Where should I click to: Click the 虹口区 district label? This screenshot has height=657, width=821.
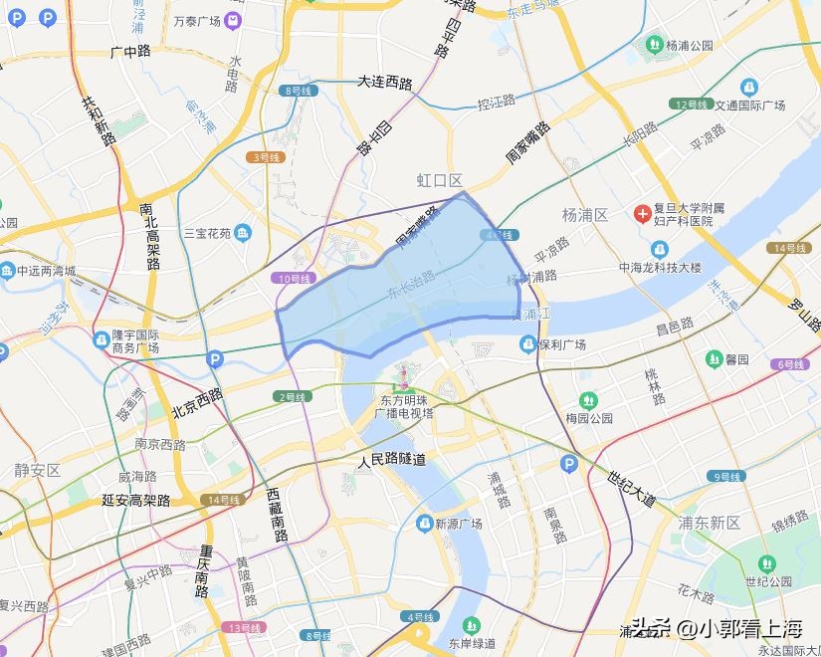(x=440, y=180)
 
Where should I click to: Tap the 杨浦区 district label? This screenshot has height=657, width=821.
(x=585, y=215)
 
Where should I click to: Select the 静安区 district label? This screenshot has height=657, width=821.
(x=37, y=470)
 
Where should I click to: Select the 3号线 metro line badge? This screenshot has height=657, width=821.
(x=266, y=157)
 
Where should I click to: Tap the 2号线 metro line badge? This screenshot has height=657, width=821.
(x=293, y=397)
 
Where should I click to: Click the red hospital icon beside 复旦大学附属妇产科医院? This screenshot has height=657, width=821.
(x=643, y=213)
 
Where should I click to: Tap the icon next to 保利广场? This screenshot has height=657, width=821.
(x=528, y=344)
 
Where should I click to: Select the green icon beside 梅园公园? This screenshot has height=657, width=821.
(x=588, y=400)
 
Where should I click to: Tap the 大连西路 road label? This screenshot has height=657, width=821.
(x=385, y=83)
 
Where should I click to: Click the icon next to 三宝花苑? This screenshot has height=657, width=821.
(x=245, y=234)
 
